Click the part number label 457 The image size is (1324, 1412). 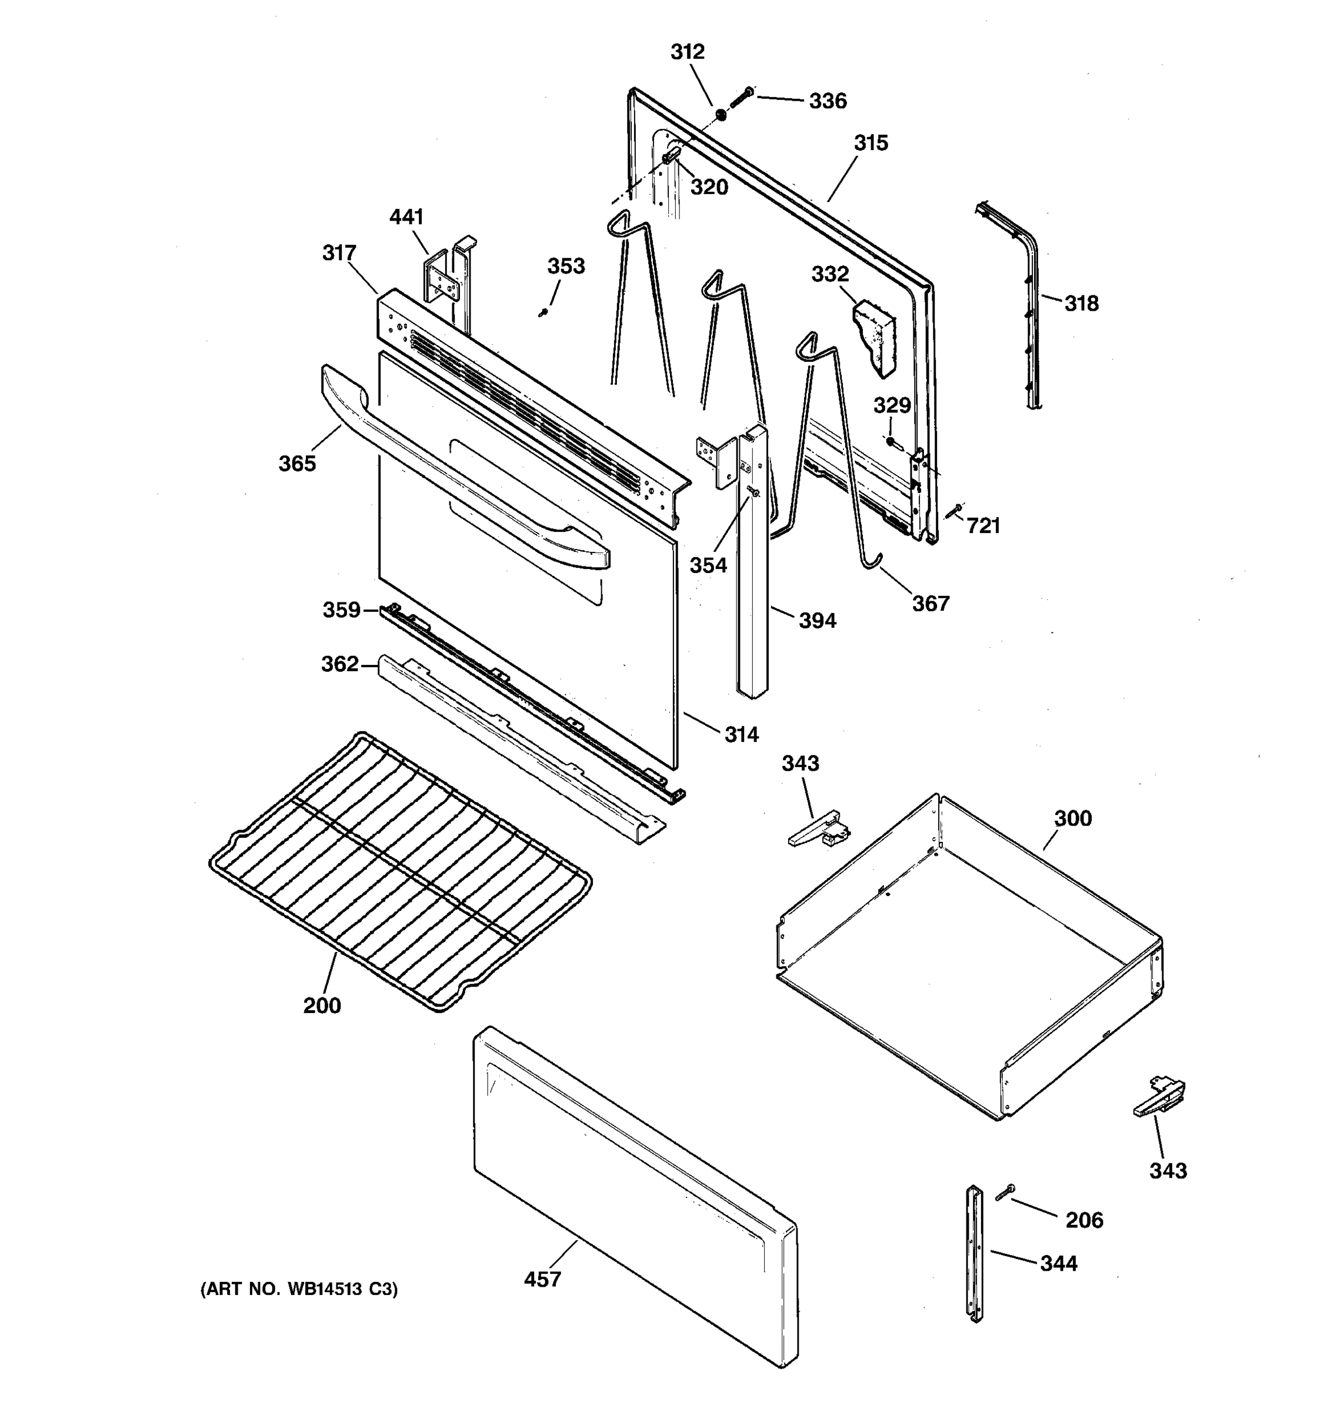coord(542,1278)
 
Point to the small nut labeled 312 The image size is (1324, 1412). coord(721,114)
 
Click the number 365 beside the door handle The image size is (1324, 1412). coord(297,463)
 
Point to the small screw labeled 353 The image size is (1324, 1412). coord(543,312)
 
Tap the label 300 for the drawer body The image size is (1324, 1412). coord(1072,818)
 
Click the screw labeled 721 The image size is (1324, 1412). coord(953,511)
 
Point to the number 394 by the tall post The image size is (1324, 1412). coord(817,620)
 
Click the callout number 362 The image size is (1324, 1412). coord(339,664)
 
